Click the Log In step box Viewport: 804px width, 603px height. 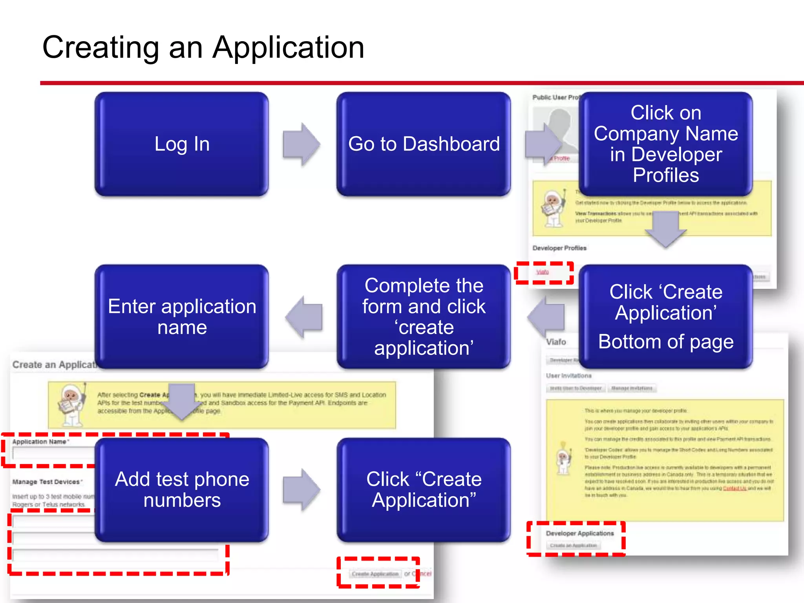[x=181, y=144]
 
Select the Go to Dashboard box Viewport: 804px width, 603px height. [x=424, y=144]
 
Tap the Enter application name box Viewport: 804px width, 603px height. [x=181, y=316]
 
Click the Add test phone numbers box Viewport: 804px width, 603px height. [x=181, y=490]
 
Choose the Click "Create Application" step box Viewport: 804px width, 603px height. [x=424, y=490]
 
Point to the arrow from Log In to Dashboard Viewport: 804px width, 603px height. [x=301, y=144]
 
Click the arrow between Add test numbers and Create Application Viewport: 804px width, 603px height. [x=301, y=490]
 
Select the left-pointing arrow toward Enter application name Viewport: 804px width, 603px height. [x=305, y=316]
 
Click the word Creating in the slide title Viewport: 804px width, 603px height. [x=100, y=48]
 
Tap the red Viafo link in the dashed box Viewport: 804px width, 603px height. [x=543, y=272]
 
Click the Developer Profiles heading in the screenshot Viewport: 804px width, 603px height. [x=559, y=248]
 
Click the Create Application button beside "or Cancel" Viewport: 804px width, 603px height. [x=375, y=574]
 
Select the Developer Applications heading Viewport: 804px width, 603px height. [x=579, y=534]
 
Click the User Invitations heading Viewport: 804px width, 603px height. [x=568, y=376]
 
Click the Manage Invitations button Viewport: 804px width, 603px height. [x=632, y=388]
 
